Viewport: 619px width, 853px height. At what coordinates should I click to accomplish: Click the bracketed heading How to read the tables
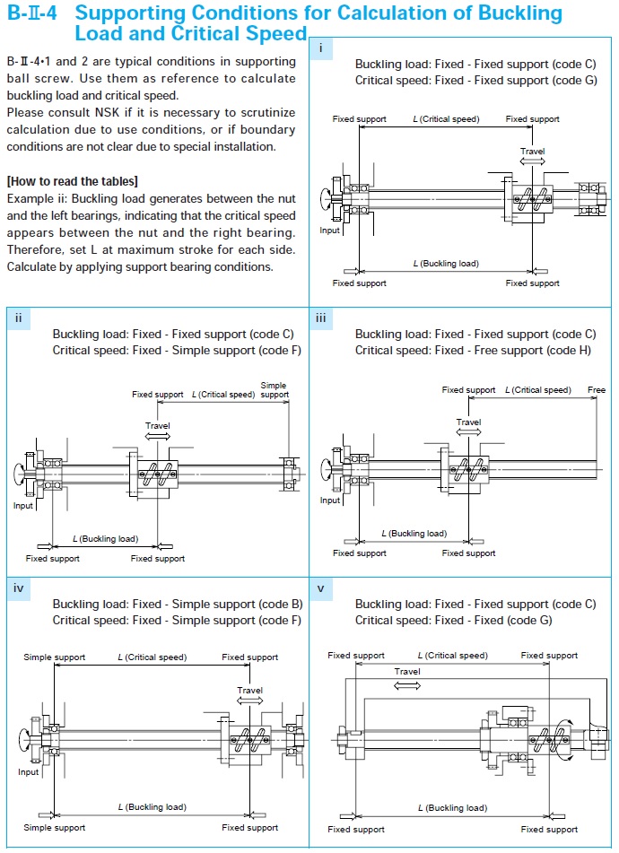pyautogui.click(x=72, y=181)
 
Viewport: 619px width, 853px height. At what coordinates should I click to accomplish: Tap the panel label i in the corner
pyautogui.click(x=320, y=48)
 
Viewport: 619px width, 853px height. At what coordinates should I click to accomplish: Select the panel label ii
pyautogui.click(x=19, y=318)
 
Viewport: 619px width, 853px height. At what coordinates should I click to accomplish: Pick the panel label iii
pyautogui.click(x=321, y=318)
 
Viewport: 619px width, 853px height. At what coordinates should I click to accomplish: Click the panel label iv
pyautogui.click(x=19, y=588)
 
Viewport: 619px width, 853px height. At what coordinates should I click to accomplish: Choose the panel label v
pyautogui.click(x=320, y=588)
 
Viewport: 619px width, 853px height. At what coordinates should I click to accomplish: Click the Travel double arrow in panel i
pyautogui.click(x=532, y=162)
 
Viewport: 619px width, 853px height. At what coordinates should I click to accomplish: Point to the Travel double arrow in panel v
pyautogui.click(x=407, y=684)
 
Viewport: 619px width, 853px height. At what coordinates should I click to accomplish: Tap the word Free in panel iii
pyautogui.click(x=597, y=390)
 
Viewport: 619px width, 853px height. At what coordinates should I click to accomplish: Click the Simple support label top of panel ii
pyautogui.click(x=274, y=390)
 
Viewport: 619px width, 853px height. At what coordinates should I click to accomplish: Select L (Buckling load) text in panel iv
pyautogui.click(x=153, y=807)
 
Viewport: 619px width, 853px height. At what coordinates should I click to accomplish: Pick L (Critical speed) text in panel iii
pyautogui.click(x=538, y=390)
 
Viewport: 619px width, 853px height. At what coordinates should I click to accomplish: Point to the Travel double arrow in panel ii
pyautogui.click(x=157, y=437)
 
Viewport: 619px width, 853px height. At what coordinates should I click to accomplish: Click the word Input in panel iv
pyautogui.click(x=29, y=771)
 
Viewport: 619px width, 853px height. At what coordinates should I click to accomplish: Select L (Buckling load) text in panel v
pyautogui.click(x=452, y=808)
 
